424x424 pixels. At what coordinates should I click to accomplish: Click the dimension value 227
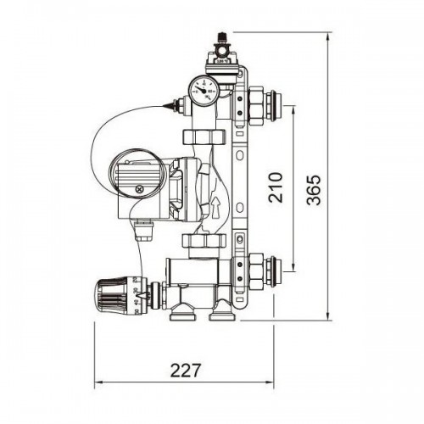[x=186, y=370]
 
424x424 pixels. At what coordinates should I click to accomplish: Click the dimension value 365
[x=314, y=190]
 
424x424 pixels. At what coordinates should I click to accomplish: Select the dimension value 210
[x=276, y=187]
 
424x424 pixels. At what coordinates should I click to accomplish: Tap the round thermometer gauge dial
[x=204, y=91]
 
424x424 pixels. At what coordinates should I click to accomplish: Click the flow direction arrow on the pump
[x=215, y=208]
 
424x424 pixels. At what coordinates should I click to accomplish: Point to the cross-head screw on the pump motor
[x=139, y=189]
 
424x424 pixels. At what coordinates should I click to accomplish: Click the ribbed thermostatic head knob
[x=112, y=296]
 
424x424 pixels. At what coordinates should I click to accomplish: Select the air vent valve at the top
[x=222, y=57]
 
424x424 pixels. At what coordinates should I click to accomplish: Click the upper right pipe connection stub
[x=272, y=105]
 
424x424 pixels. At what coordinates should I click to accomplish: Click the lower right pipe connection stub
[x=272, y=271]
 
